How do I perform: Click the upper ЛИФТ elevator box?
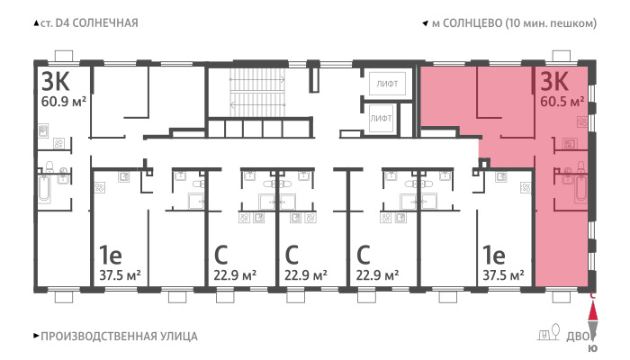pyautogui.click(x=387, y=84)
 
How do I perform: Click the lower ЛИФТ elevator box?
pyautogui.click(x=381, y=119)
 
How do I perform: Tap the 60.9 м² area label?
pyautogui.click(x=64, y=102)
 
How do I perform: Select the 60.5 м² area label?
pyautogui.click(x=562, y=102)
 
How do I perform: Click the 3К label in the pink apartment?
pyautogui.click(x=554, y=82)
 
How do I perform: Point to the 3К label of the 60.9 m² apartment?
pyautogui.click(x=56, y=82)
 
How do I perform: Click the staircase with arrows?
pyautogui.click(x=257, y=92)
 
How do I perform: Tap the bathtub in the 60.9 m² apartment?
pyautogui.click(x=44, y=188)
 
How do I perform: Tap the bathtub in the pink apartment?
pyautogui.click(x=580, y=188)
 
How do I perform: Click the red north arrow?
pyautogui.click(x=592, y=310)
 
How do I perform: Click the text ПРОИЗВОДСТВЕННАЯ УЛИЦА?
pyautogui.click(x=119, y=337)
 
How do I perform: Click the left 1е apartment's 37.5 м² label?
pyautogui.click(x=120, y=275)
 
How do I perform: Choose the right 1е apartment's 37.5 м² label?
pyautogui.click(x=503, y=275)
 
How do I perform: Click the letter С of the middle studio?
pyautogui.click(x=292, y=255)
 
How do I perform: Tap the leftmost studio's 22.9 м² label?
pyautogui.click(x=235, y=275)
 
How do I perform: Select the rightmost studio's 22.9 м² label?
pyautogui.click(x=377, y=275)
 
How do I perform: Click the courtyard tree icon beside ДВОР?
pyautogui.click(x=556, y=331)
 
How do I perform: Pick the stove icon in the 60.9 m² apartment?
pyautogui.click(x=59, y=143)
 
